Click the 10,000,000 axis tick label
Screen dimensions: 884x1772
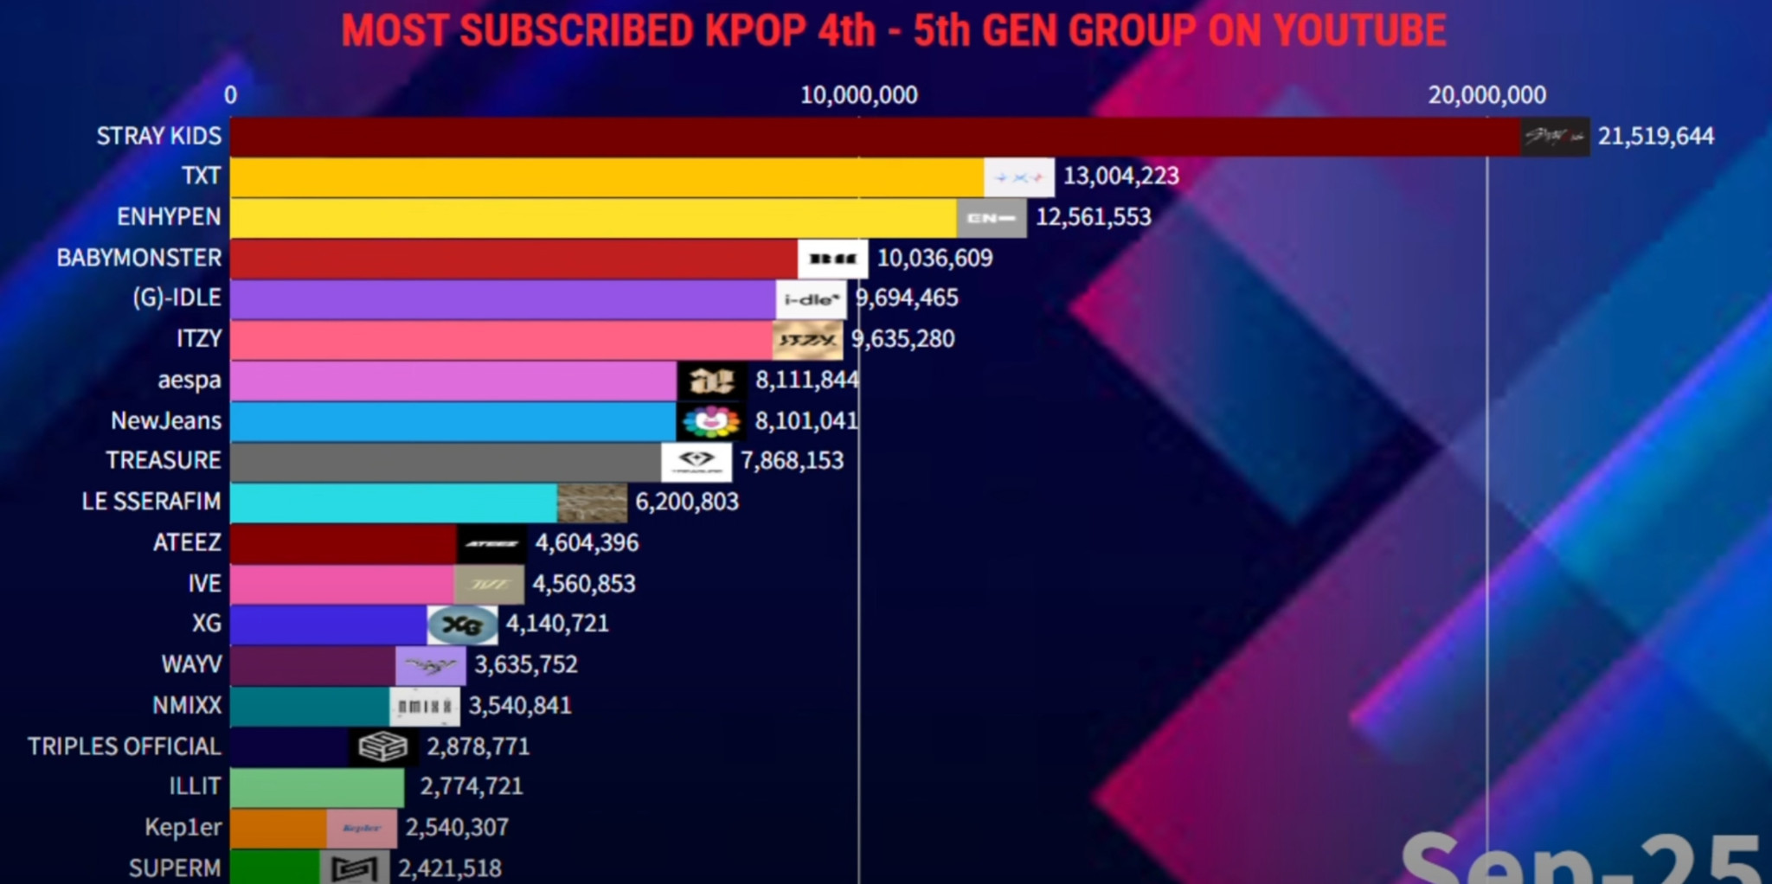coord(858,95)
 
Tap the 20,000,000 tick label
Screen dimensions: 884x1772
coord(1486,95)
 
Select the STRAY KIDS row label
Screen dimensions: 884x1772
coord(159,137)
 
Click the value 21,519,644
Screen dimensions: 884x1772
coord(1655,137)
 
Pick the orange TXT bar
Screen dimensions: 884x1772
coord(606,177)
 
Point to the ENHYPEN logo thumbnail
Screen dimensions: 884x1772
coord(992,218)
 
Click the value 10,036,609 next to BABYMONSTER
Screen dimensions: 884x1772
coord(934,259)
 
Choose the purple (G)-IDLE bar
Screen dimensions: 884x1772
coord(502,299)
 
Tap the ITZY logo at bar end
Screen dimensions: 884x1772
coord(807,340)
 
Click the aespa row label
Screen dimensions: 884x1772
coord(189,381)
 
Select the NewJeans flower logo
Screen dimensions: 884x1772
coord(711,421)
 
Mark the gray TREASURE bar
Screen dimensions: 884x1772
coord(446,462)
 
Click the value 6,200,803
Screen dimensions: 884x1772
coord(687,503)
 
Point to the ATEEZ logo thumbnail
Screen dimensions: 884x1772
coord(491,543)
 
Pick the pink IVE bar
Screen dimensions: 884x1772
coord(342,584)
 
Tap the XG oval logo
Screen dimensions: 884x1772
coord(463,625)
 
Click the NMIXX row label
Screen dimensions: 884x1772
coord(187,706)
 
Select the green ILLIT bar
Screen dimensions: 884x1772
coord(317,787)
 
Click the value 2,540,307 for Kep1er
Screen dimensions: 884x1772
coord(457,828)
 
